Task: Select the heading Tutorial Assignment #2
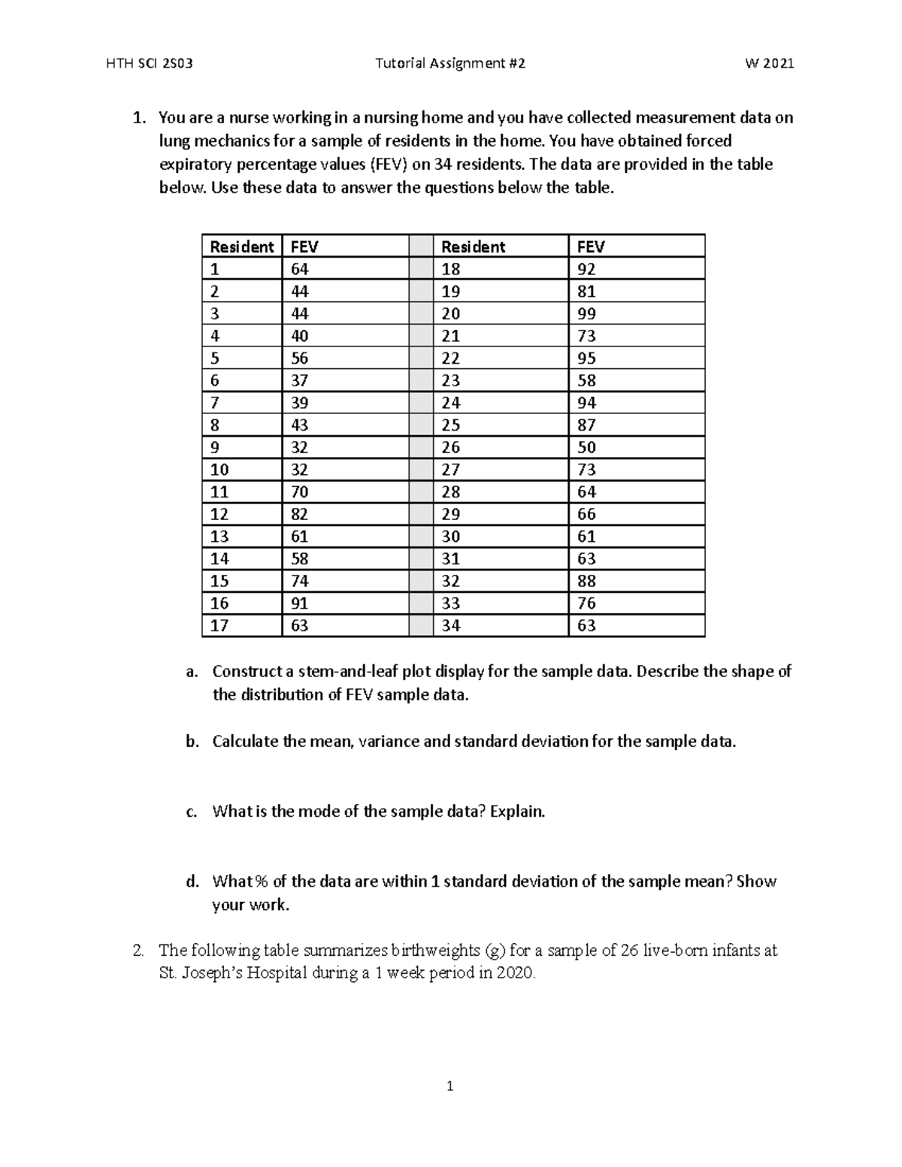click(449, 64)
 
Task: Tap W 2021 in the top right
click(769, 64)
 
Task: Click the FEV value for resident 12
click(299, 514)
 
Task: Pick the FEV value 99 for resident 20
click(586, 313)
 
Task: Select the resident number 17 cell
click(219, 625)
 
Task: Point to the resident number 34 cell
click(450, 625)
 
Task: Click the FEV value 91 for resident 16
click(299, 603)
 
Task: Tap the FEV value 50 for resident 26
click(586, 447)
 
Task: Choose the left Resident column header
click(241, 246)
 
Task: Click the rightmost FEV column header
click(590, 246)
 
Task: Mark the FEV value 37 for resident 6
click(299, 380)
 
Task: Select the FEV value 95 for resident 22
click(586, 358)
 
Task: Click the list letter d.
click(192, 881)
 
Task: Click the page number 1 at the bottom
click(450, 1086)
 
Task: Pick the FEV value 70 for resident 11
click(299, 491)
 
